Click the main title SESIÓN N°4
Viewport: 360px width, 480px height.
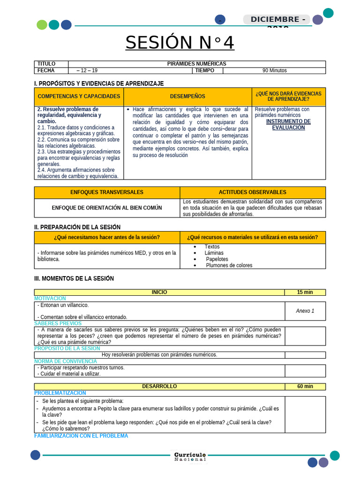[x=180, y=43]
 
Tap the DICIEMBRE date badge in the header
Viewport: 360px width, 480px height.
[x=277, y=20]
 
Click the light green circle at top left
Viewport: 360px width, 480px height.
[x=42, y=25]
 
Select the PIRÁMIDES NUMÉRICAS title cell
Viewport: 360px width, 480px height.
[x=196, y=64]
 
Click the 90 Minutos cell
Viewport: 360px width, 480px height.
[x=274, y=71]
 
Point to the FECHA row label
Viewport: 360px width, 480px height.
[x=46, y=71]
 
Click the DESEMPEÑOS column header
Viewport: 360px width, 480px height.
[x=187, y=97]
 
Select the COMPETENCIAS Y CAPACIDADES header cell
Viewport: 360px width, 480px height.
[x=79, y=97]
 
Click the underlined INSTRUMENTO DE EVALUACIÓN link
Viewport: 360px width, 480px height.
[x=288, y=124]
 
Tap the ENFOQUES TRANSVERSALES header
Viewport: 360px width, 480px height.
[x=107, y=192]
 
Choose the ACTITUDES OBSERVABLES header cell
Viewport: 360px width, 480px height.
[x=252, y=192]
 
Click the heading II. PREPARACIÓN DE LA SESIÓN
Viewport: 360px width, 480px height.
[x=77, y=227]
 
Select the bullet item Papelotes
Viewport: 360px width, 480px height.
[x=217, y=259]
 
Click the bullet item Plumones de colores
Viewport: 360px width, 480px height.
[x=229, y=265]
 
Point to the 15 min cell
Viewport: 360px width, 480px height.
[x=305, y=292]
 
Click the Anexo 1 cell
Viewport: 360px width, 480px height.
[x=305, y=311]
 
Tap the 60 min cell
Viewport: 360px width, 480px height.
[x=305, y=387]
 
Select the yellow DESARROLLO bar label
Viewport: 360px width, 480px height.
[x=159, y=387]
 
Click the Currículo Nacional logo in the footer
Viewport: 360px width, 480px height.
[x=190, y=457]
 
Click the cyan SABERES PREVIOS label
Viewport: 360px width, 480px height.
[x=58, y=323]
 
